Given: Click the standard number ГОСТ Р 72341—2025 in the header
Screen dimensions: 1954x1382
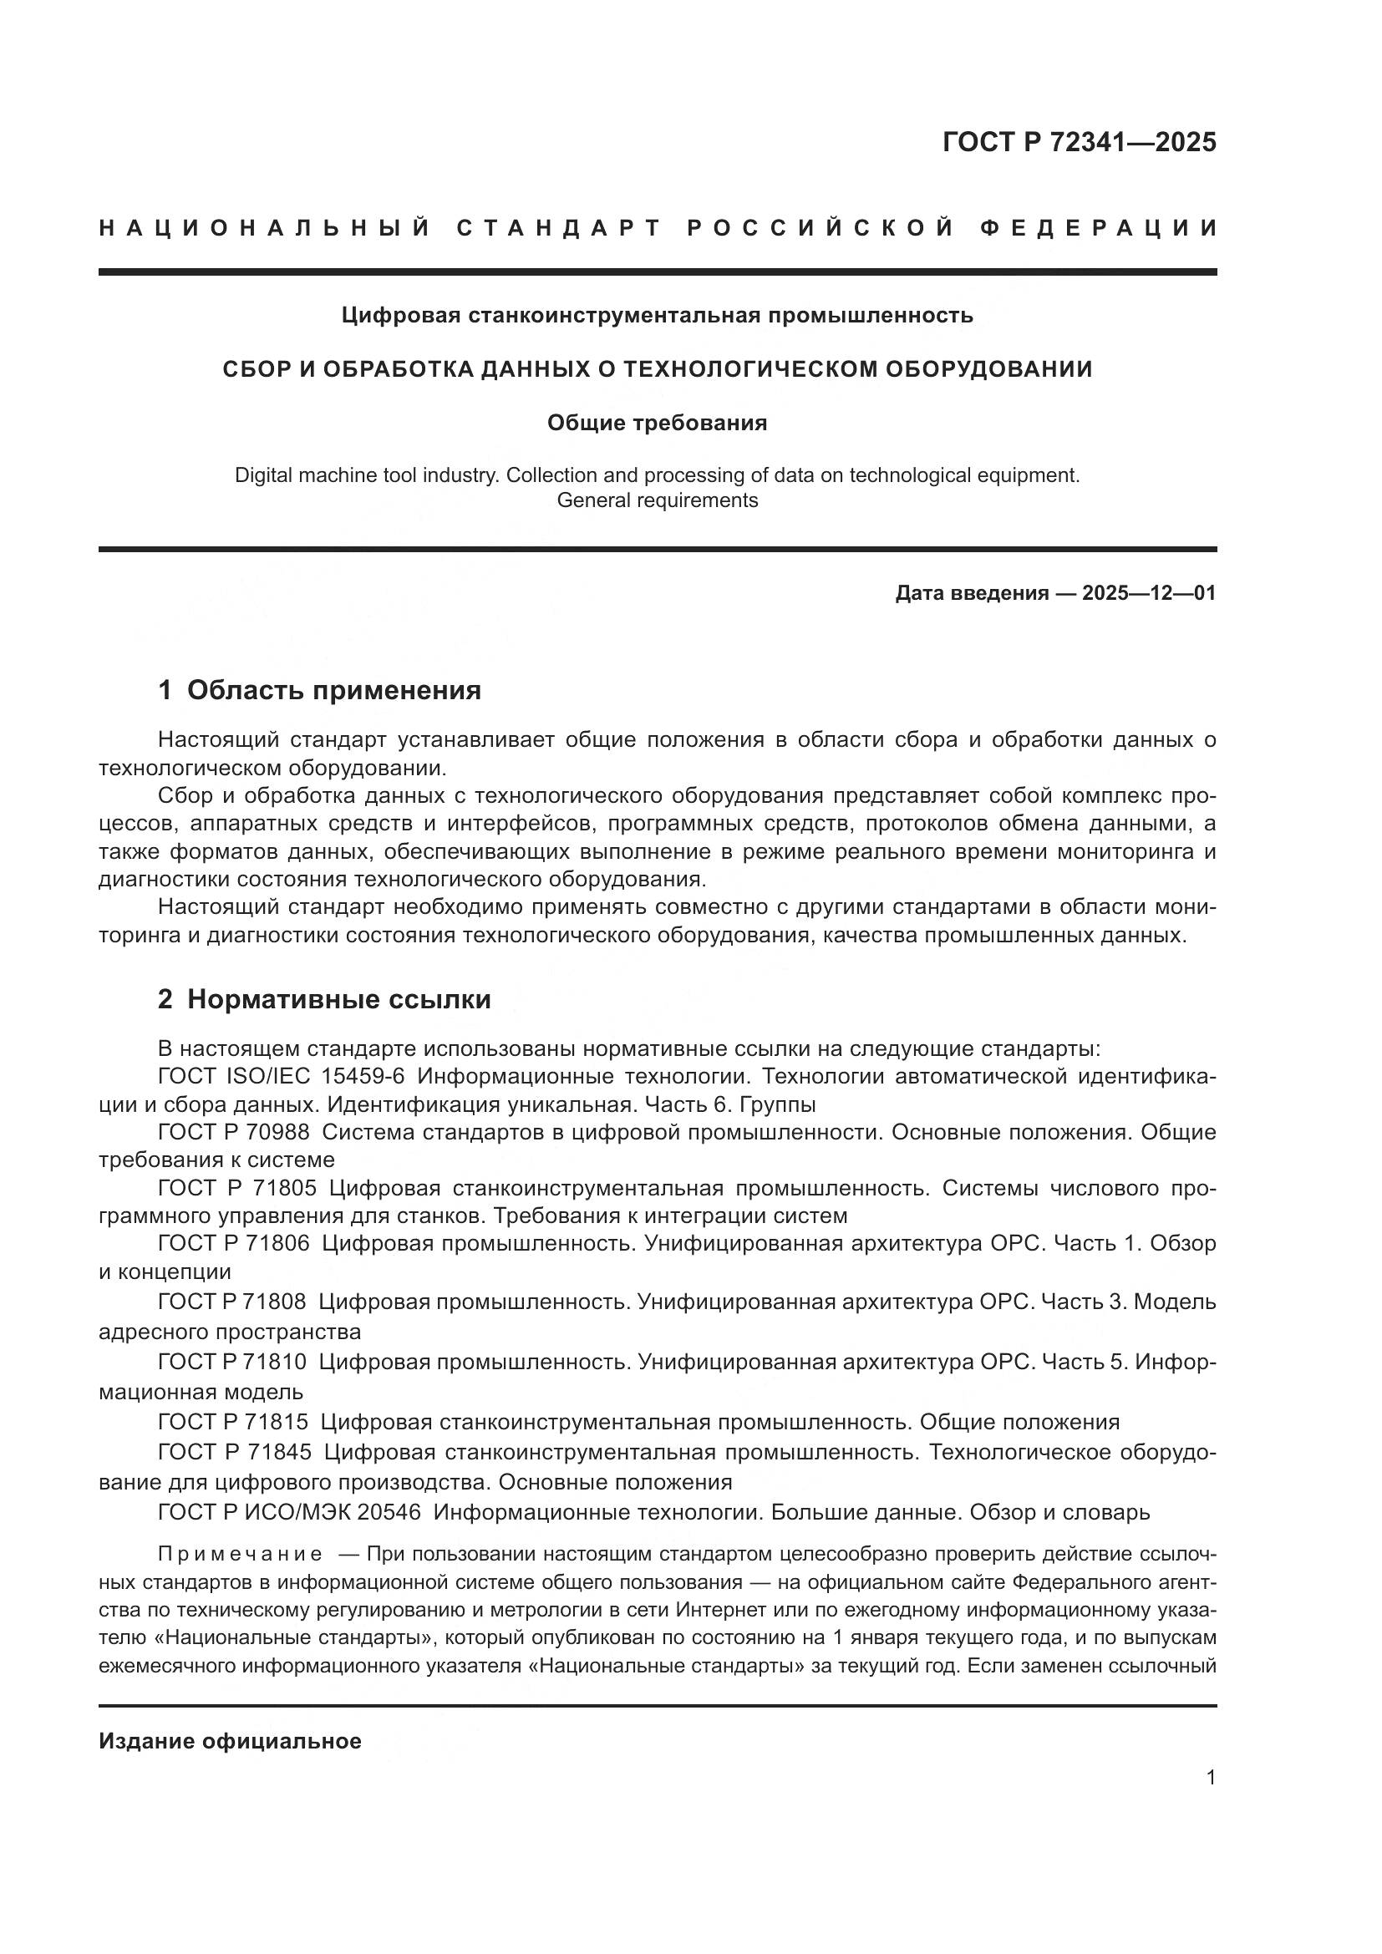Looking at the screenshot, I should (x=1079, y=142).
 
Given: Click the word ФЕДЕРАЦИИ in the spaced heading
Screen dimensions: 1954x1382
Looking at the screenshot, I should (x=1099, y=228).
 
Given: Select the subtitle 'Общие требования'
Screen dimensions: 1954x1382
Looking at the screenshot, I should (x=657, y=423).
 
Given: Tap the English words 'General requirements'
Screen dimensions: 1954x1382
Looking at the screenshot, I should (x=657, y=500).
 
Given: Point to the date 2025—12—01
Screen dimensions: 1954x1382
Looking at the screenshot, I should (x=1149, y=593).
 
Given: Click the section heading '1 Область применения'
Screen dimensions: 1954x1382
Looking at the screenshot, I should (x=320, y=690).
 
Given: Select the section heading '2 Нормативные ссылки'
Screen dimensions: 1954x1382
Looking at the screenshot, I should (x=324, y=999).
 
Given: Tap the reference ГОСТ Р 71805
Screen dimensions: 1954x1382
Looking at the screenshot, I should (x=236, y=1188).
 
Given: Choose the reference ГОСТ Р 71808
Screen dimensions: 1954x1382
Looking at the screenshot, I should (x=232, y=1302).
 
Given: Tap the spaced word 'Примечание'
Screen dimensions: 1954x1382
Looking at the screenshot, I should (x=240, y=1555).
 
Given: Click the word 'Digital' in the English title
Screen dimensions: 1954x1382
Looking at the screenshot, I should (x=261, y=475).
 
